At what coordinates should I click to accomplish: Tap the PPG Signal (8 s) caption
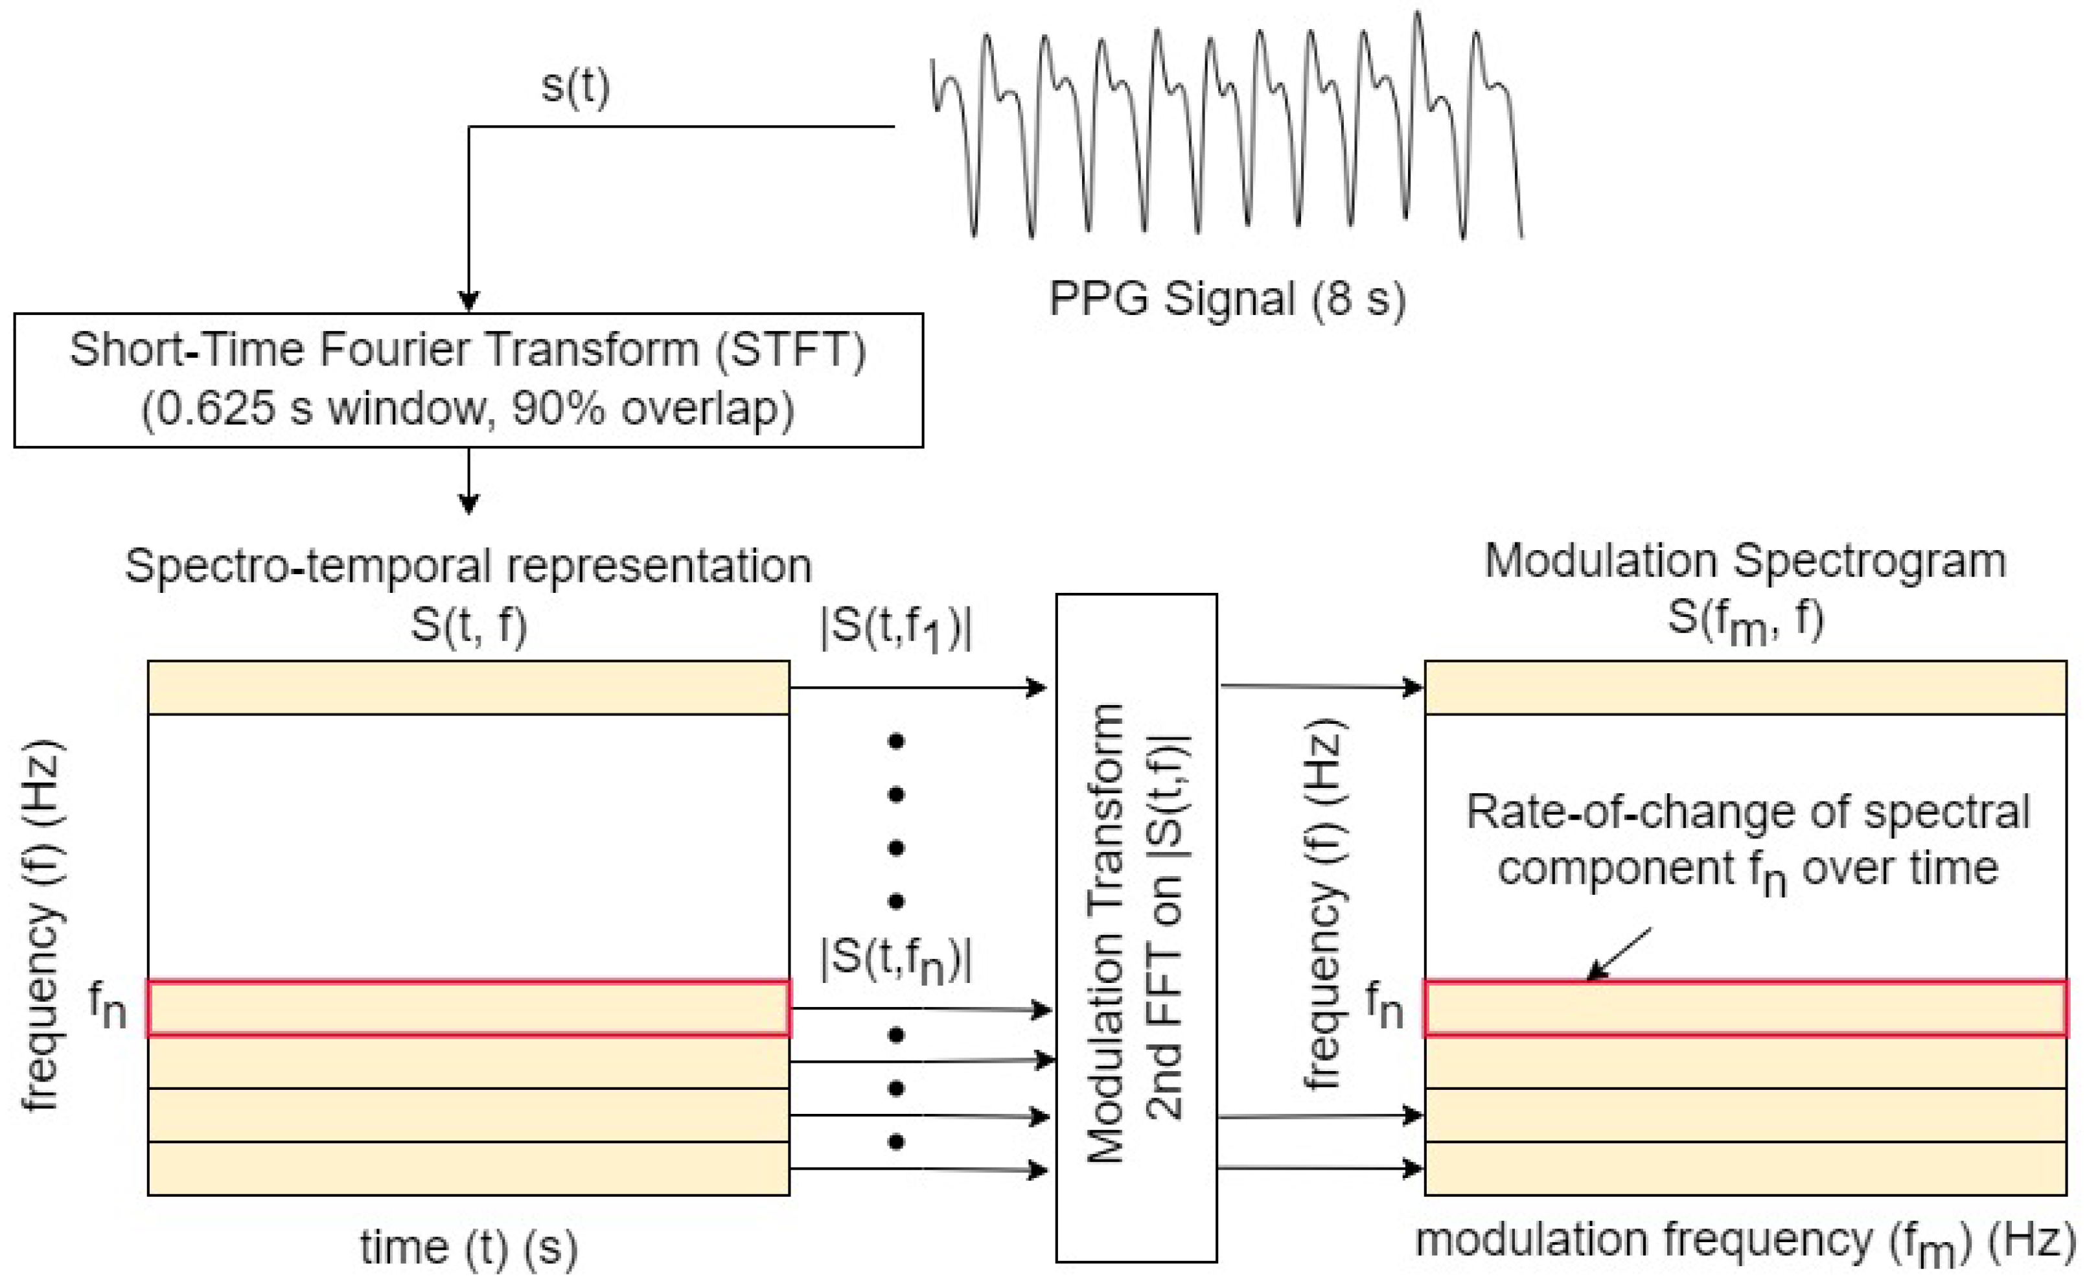[1227, 299]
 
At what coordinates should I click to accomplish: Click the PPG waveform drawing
[1226, 127]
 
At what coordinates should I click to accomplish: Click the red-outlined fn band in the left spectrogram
[468, 1008]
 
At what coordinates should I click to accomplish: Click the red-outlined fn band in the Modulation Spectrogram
[1745, 1008]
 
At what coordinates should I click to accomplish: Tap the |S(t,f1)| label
[896, 629]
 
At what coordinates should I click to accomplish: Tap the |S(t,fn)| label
[896, 960]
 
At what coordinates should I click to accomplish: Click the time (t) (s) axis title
[468, 1247]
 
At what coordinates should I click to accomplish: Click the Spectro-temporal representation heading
[468, 565]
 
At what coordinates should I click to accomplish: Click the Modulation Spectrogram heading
[1745, 561]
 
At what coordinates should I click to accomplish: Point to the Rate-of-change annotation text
[1747, 840]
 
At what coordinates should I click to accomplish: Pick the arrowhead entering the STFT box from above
[468, 301]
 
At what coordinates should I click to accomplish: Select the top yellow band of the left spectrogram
[468, 688]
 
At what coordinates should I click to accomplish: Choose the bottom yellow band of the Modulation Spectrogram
[1745, 1168]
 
